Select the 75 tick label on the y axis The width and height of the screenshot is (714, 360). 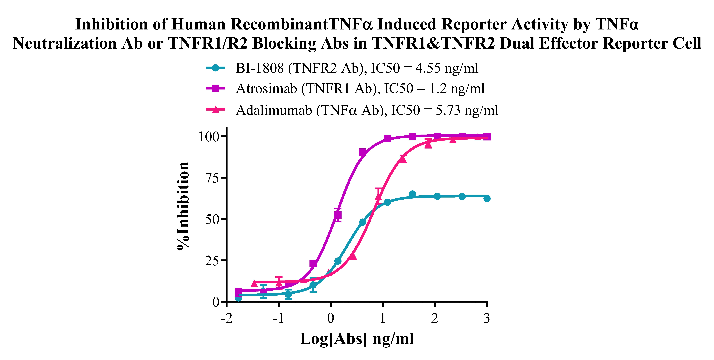tap(212, 178)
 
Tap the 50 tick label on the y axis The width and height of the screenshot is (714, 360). tap(212, 219)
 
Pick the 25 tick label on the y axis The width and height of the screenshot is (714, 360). tap(212, 261)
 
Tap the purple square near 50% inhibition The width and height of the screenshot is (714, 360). tap(338, 215)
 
